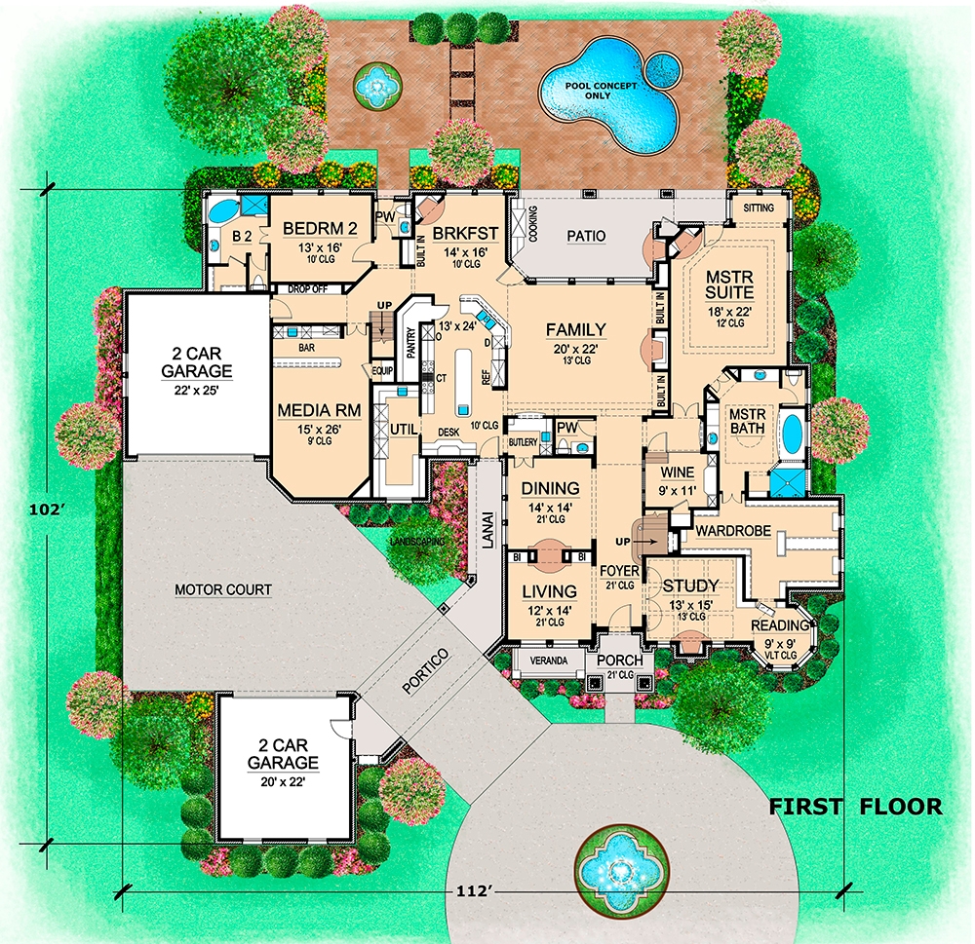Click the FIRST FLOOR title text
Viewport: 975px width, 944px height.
coord(856,807)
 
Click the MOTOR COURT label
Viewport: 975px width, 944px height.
coord(222,589)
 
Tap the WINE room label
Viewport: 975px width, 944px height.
coord(677,472)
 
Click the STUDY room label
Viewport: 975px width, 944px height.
coord(690,585)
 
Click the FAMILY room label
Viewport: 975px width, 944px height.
coord(575,329)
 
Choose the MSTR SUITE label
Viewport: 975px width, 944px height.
coord(737,283)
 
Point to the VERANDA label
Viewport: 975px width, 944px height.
coord(550,660)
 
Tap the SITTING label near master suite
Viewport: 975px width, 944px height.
coord(759,208)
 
